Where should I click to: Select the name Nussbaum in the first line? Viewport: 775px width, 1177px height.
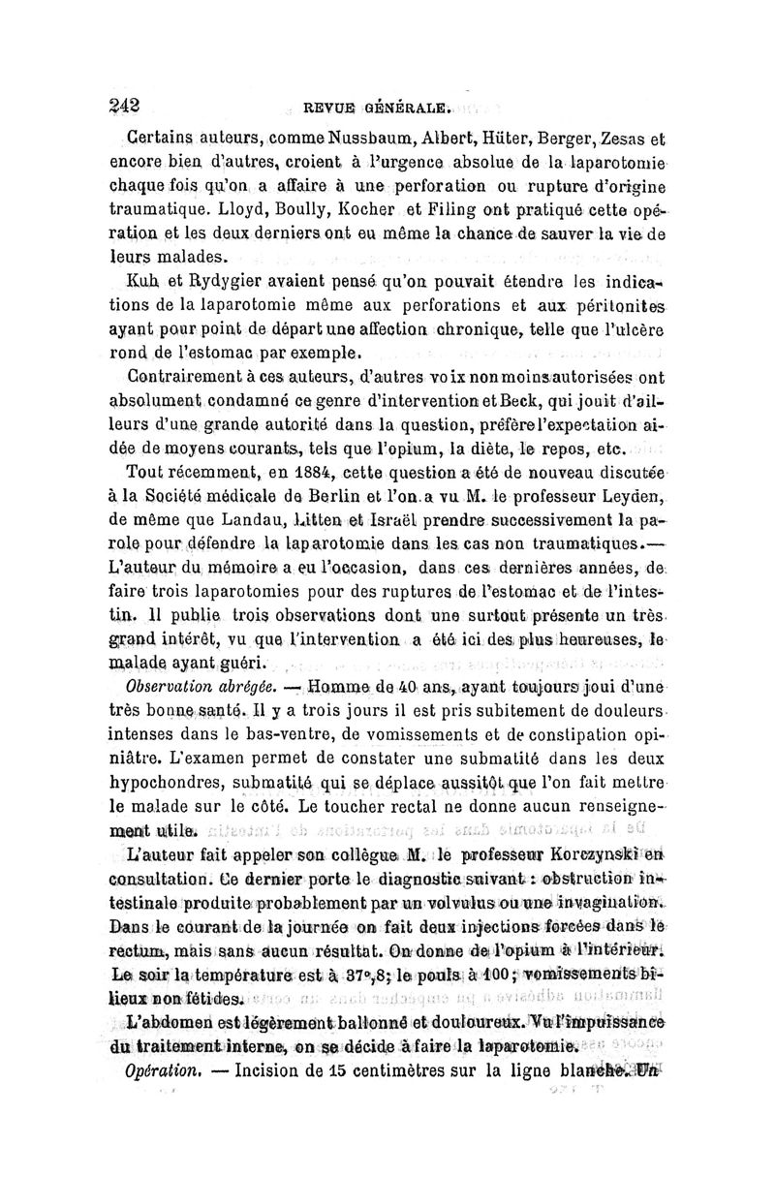[365, 139]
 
